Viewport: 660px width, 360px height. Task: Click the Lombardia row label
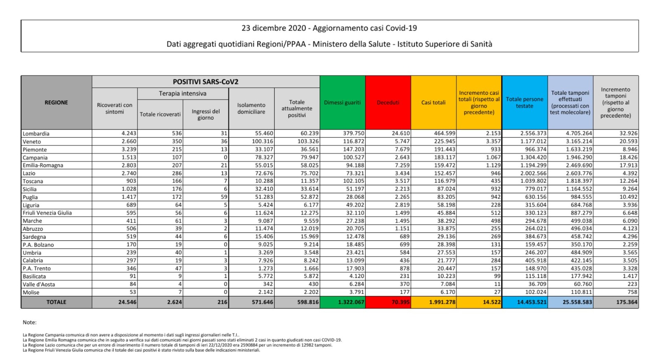(36, 134)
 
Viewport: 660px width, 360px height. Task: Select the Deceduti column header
(388, 103)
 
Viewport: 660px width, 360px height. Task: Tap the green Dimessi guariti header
(342, 103)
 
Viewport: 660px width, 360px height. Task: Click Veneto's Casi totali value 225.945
(445, 141)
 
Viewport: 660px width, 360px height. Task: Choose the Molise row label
(31, 292)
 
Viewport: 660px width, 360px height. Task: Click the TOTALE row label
(56, 302)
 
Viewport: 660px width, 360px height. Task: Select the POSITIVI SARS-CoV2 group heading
(205, 82)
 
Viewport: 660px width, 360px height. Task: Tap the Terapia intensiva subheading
(183, 94)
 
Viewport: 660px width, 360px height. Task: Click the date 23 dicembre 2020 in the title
(273, 28)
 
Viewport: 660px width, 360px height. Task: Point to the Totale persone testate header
(524, 103)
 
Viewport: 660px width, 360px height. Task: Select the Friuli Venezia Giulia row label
(47, 213)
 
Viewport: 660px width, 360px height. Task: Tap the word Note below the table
(30, 322)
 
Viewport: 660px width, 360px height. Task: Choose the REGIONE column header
(56, 103)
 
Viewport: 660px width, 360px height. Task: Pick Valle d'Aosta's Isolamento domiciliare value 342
(268, 284)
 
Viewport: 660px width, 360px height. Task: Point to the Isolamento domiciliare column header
(251, 108)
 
